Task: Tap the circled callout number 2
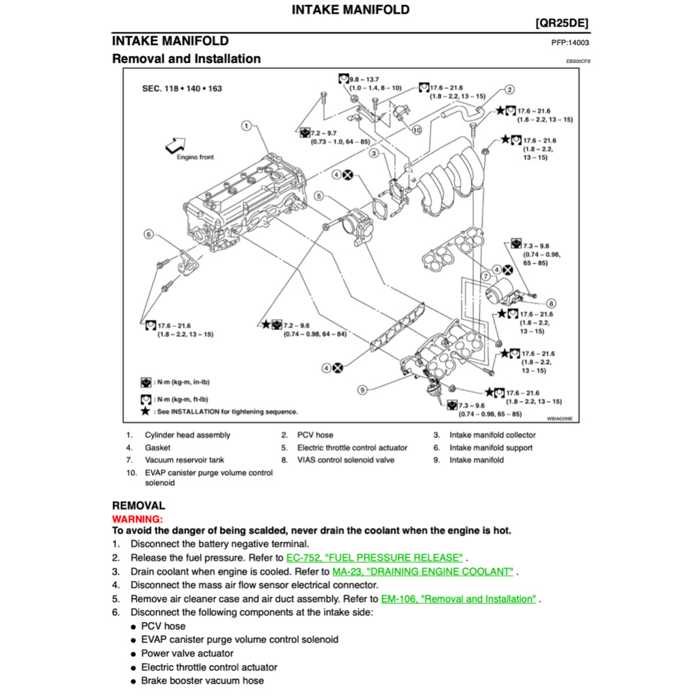pos(510,90)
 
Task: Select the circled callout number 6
pos(148,234)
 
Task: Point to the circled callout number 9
pos(362,390)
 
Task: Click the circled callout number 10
pos(416,129)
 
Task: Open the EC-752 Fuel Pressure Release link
pos(375,558)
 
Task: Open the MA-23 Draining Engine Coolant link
pos(422,571)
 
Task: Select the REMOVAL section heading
pos(139,506)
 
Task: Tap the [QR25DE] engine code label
pos(561,23)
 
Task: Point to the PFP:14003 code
pos(570,42)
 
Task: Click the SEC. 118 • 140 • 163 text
pos(182,89)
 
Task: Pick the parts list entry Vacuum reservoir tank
pos(185,460)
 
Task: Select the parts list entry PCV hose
pos(315,435)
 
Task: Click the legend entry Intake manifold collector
pos(492,435)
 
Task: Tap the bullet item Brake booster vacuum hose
pos(202,681)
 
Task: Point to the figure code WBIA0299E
pos(559,418)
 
